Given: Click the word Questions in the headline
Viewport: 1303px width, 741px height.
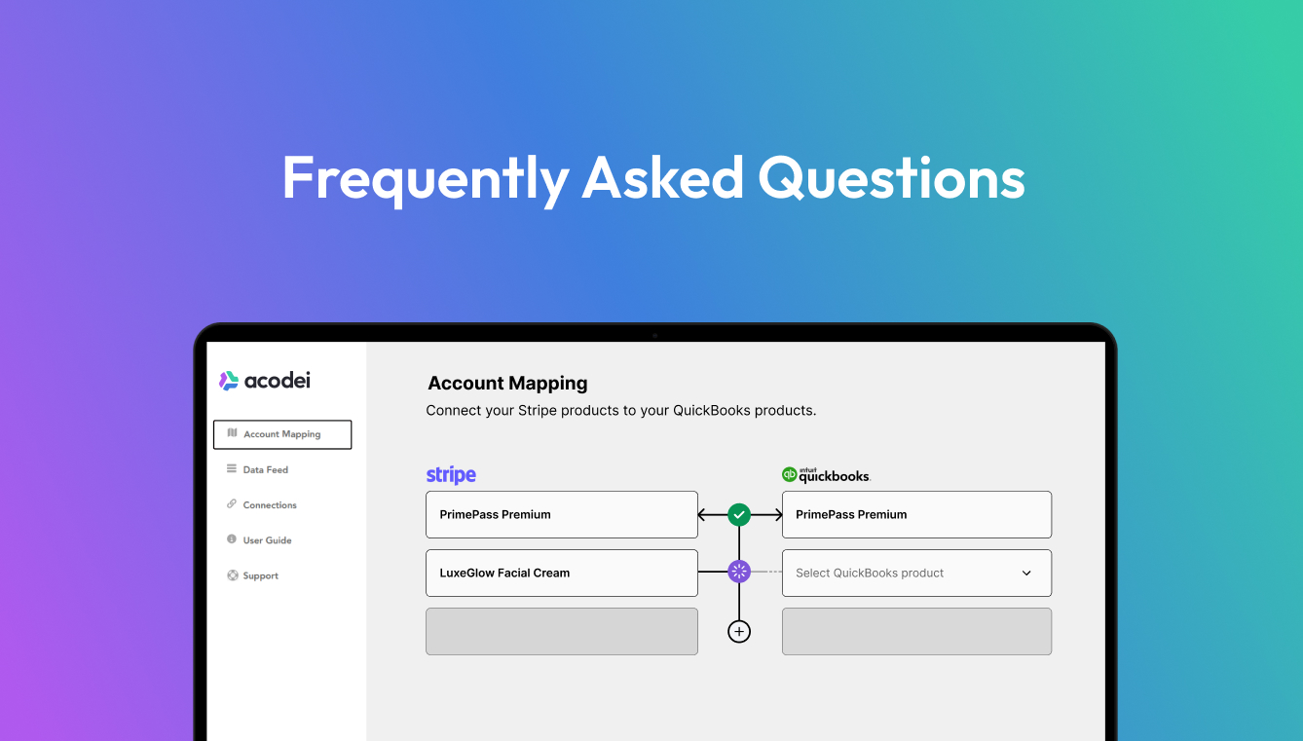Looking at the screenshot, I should click(891, 178).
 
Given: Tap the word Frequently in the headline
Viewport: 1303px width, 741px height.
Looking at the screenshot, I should click(425, 178).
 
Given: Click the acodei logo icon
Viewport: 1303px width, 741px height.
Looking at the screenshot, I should click(229, 381).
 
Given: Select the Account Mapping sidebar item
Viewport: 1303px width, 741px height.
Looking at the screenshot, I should click(281, 434).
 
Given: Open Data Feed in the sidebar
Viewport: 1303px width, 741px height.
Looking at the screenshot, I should click(265, 469).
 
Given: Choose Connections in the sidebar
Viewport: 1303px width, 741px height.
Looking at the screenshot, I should click(270, 505).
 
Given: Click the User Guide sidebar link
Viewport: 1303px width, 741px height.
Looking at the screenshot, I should click(267, 540).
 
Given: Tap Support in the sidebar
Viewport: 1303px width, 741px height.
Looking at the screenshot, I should click(260, 575).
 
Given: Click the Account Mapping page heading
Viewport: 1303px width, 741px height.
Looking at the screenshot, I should click(507, 384).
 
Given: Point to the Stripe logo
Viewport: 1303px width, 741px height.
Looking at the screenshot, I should click(451, 475).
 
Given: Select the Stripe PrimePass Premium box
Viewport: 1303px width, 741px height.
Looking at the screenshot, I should click(561, 514).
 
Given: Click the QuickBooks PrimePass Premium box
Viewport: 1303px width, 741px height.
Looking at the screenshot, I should click(916, 514).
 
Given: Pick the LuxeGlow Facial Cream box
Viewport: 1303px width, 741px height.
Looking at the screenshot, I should click(561, 573).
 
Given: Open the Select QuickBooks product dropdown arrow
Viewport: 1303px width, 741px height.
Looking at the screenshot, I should click(1026, 574).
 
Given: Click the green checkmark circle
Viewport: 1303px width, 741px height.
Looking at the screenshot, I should click(739, 514).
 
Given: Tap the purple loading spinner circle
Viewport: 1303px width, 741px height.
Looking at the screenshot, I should click(739, 572).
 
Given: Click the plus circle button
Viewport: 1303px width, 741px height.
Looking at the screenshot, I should click(739, 632).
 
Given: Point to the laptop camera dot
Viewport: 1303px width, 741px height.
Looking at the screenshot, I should click(654, 335).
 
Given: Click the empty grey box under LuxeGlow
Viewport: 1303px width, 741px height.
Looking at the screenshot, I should click(561, 631).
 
